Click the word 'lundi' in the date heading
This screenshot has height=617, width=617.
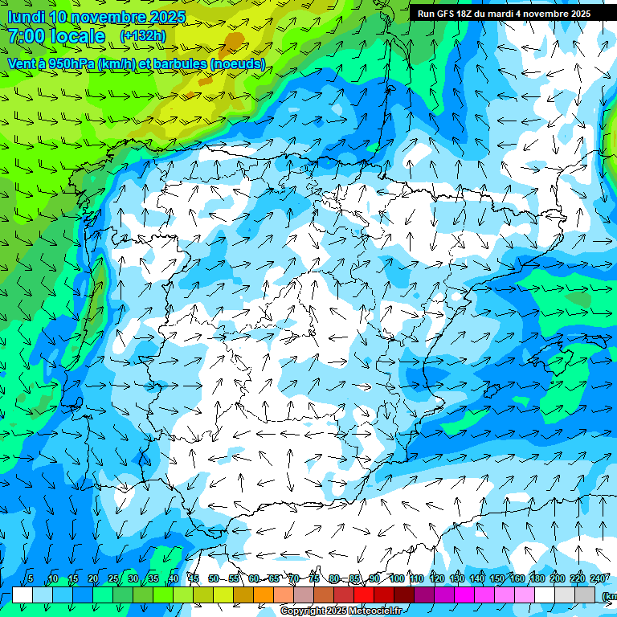[26, 17]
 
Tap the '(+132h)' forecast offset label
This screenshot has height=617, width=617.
[143, 36]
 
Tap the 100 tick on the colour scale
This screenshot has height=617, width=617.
[397, 579]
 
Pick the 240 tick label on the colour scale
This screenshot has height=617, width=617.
[598, 579]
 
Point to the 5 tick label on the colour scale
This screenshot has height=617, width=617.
[31, 579]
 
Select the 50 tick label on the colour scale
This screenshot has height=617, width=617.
[214, 579]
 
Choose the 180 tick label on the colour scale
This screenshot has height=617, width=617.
[535, 579]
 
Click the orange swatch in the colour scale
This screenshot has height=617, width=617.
[264, 595]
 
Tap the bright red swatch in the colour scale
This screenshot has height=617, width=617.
[364, 595]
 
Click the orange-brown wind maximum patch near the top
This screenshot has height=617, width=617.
[233, 40]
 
